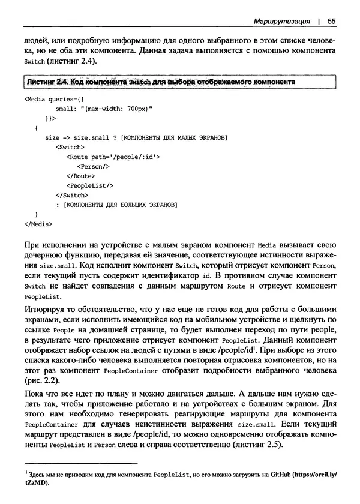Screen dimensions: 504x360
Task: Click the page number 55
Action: tap(331, 22)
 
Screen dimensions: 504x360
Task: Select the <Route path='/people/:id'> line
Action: tap(113, 157)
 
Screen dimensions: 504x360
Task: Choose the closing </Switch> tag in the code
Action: tap(71, 195)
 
